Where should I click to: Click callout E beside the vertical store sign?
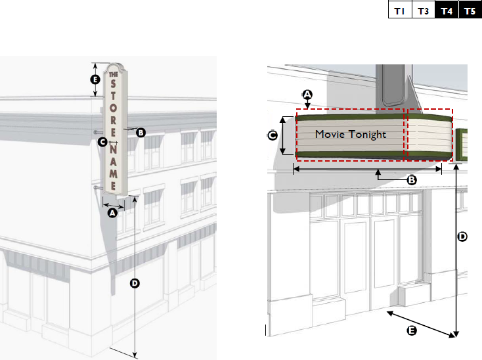click(x=95, y=79)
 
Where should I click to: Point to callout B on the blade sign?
click(x=141, y=133)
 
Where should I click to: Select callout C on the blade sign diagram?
click(x=102, y=142)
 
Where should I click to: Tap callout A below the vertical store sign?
click(x=112, y=213)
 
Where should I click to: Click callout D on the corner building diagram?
click(x=135, y=283)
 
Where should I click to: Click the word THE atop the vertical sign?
click(x=114, y=74)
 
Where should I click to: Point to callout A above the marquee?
click(x=307, y=95)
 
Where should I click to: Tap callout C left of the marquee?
click(x=273, y=135)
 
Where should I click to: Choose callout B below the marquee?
click(x=412, y=180)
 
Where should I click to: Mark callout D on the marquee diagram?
click(x=462, y=236)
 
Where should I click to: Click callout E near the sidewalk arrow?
click(x=412, y=331)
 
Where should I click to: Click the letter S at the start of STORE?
click(x=113, y=83)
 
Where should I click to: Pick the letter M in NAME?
click(x=114, y=173)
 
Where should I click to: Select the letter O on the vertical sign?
click(x=113, y=108)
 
